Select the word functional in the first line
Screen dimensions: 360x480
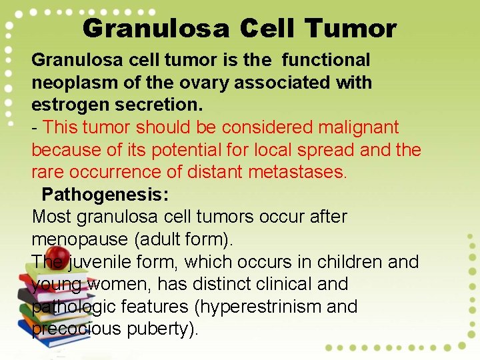click(x=326, y=60)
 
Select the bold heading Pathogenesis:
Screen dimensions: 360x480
click(x=105, y=195)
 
